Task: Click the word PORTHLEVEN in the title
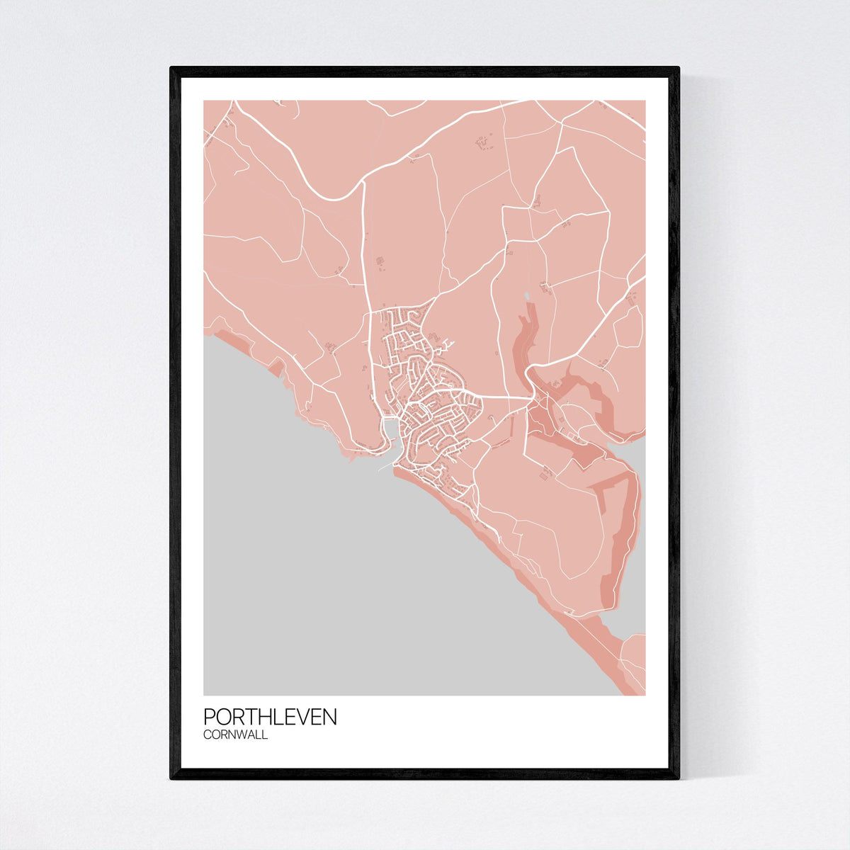pos(270,717)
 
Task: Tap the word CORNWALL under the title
pos(235,735)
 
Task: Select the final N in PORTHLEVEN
pos(330,717)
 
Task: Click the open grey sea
pos(354,581)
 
